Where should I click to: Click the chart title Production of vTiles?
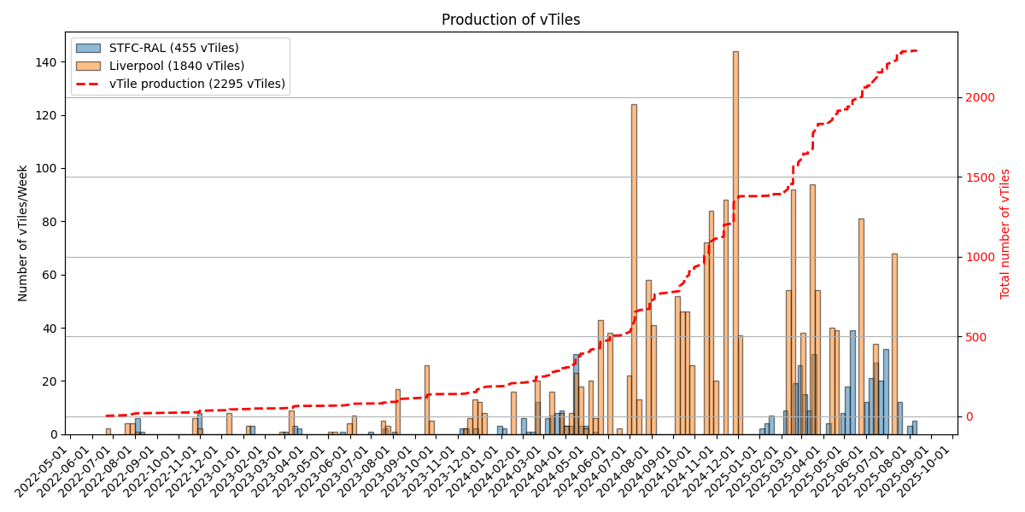[x=510, y=20]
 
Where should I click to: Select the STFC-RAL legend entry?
[x=179, y=49]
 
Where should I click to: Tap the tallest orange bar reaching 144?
[x=735, y=243]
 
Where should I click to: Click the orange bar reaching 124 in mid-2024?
[x=634, y=269]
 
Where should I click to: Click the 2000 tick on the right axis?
[x=980, y=98]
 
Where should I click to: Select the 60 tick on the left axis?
[x=50, y=275]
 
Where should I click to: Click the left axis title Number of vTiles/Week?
[x=23, y=234]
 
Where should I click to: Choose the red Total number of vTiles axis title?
[x=1005, y=234]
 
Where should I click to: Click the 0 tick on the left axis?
[x=54, y=434]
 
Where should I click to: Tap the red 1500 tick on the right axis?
[x=980, y=177]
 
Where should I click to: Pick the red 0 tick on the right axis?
[x=969, y=417]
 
